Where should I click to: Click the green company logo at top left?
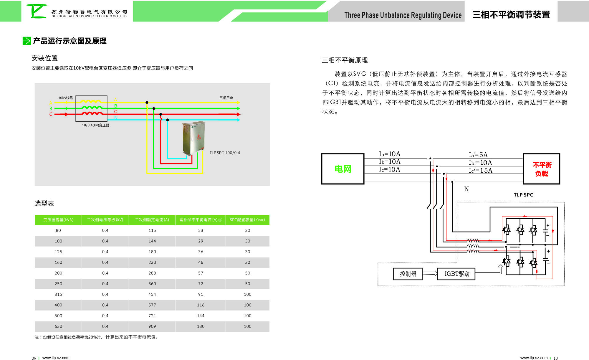37,11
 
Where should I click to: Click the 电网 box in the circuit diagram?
343,169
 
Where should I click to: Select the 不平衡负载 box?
541,169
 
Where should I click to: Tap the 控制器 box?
408,274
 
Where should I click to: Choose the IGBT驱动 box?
456,274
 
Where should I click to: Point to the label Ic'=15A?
480,170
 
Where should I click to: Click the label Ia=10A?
389,154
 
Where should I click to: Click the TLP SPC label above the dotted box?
523,195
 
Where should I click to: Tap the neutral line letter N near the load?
466,189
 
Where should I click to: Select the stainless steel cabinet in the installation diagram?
193,138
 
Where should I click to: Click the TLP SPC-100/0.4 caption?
225,153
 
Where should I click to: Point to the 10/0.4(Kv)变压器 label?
95,125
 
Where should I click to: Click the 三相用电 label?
226,98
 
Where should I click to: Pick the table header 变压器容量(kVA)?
58,220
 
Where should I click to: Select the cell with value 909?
152,326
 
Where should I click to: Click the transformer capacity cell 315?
58,294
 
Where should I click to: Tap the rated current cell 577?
152,305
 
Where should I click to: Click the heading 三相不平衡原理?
345,60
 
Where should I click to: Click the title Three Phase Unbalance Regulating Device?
403,15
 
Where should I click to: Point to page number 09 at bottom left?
34,358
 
